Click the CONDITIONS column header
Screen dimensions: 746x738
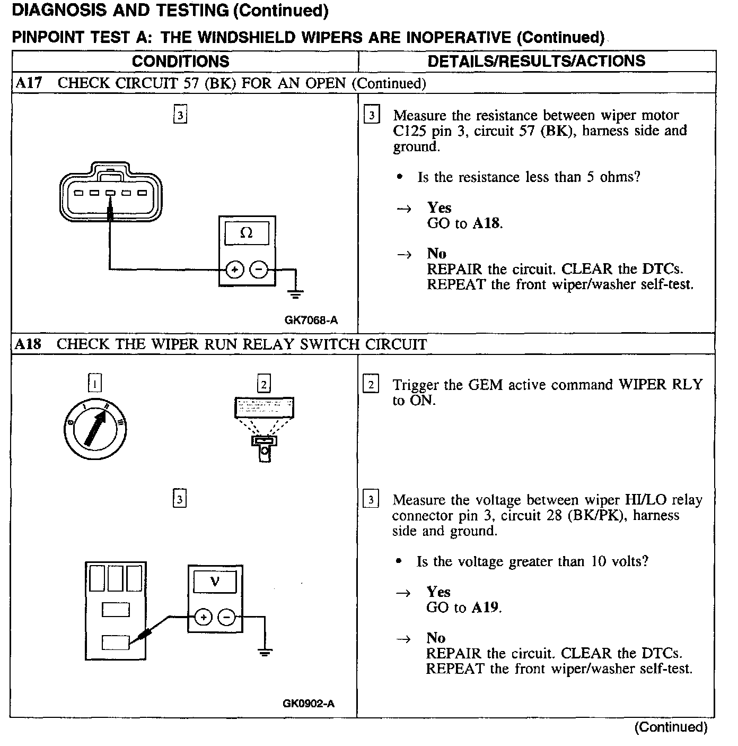180,61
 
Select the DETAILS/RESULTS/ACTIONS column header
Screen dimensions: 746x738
536,61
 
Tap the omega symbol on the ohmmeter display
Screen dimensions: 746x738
247,233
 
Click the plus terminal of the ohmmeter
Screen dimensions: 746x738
234,270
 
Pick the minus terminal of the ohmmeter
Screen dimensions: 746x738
259,270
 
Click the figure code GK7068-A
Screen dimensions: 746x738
311,320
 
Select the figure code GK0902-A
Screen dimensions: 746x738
309,704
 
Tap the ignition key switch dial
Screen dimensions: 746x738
95,429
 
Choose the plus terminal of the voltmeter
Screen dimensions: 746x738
203,617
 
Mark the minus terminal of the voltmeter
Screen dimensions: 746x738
227,617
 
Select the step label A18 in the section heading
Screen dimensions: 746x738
28,344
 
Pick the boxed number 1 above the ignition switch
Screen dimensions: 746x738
94,383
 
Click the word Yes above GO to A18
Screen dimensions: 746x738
439,208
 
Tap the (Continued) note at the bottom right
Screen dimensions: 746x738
671,727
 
